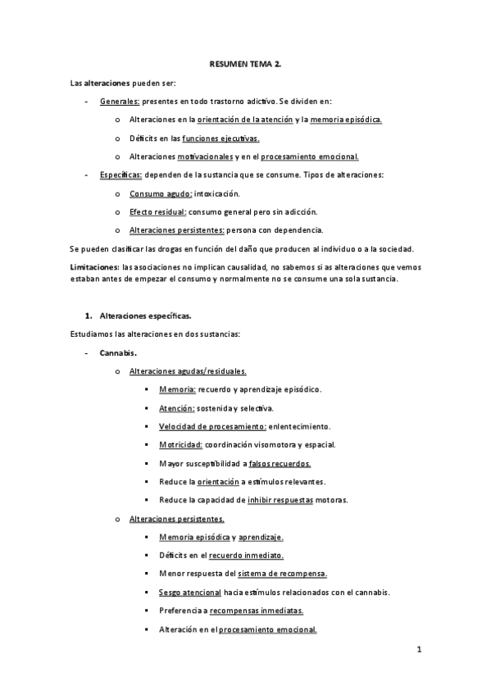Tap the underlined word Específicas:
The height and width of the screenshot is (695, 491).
tap(120, 175)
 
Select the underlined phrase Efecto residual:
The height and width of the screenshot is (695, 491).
tap(158, 211)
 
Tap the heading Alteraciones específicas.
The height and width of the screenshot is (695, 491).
tap(147, 315)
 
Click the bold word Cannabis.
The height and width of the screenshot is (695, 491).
tap(118, 352)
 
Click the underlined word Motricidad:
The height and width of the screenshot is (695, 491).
tap(181, 445)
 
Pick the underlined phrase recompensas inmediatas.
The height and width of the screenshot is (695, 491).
tap(257, 611)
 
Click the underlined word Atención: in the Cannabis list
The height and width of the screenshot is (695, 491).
tap(177, 408)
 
